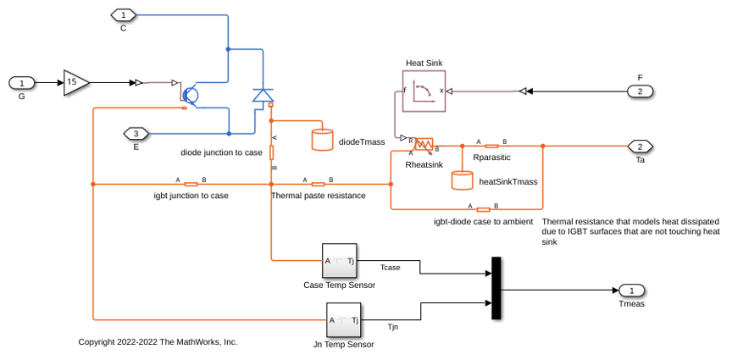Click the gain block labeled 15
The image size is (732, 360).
point(75,83)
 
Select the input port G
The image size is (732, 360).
point(21,83)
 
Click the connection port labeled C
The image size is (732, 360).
point(123,15)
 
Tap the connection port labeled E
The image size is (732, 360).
point(136,134)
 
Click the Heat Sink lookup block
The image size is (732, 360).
point(424,91)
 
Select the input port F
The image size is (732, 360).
point(640,91)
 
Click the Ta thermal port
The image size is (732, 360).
point(640,147)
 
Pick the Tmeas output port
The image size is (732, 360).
point(632,291)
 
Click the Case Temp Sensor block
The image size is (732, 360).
point(340,261)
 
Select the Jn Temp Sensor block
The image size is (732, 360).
point(343,320)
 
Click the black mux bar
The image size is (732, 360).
point(496,288)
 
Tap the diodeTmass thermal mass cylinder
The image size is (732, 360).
point(322,140)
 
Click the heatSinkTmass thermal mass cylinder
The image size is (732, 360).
point(463,180)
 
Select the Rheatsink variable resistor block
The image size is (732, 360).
point(424,144)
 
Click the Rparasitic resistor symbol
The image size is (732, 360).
point(491,147)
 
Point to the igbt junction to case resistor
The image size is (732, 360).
point(191,185)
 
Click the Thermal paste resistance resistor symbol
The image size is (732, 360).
point(319,185)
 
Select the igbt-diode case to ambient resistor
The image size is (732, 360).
point(483,210)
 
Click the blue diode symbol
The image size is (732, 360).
point(263,95)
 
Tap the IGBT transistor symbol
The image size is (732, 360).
point(190,95)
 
